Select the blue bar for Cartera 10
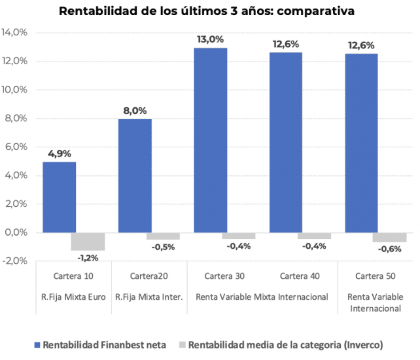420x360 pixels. point(60,197)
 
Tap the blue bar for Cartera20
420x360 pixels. point(135,175)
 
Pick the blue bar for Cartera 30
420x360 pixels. point(211,140)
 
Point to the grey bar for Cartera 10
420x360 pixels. point(88,241)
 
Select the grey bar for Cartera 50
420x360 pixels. point(389,237)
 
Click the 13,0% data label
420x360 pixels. point(211,40)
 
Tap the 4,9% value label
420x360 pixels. point(60,154)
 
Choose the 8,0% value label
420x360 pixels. point(135,111)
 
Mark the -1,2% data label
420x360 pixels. point(88,257)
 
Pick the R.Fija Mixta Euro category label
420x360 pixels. point(74,297)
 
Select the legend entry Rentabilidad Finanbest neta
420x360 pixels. point(104,344)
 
